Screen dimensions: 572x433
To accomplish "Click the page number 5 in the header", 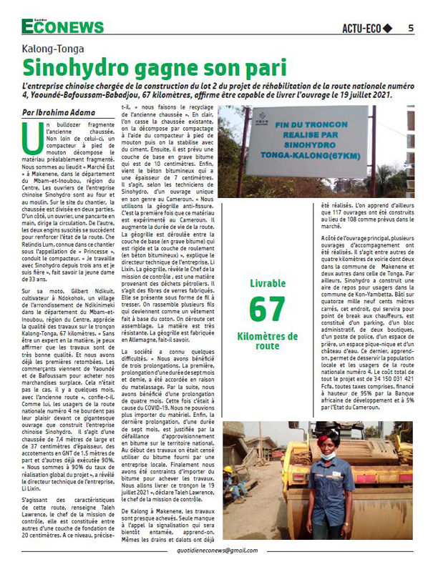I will [x=410, y=29].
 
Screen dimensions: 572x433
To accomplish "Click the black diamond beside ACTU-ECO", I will [x=389, y=29].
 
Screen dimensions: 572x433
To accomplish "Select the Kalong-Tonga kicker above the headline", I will [x=53, y=49].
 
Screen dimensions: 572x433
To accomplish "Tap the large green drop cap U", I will [x=31, y=135].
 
